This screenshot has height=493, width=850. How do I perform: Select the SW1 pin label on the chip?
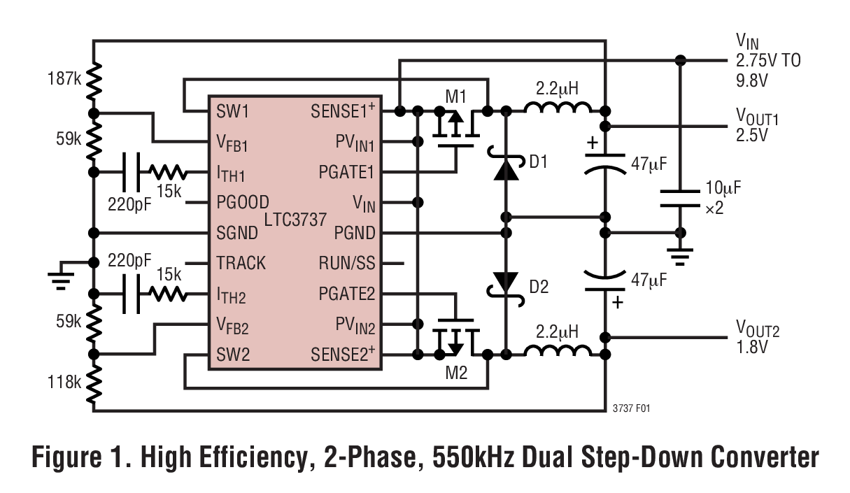(233, 111)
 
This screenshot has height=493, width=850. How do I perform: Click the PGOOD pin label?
(243, 202)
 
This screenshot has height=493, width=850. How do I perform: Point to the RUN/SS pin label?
(346, 264)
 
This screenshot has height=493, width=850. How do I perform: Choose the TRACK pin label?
(241, 264)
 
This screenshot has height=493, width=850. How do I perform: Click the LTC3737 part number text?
(295, 220)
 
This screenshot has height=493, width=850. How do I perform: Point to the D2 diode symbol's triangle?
(505, 282)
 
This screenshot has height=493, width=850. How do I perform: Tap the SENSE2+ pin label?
(343, 355)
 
